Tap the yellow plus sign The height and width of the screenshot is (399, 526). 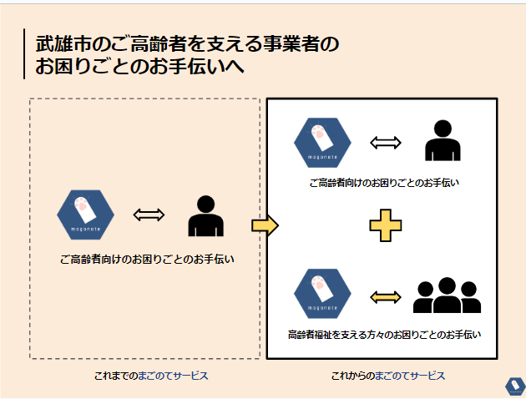[385, 225]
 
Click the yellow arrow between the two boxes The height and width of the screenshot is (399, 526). [264, 225]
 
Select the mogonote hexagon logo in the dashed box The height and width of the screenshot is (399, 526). [85, 215]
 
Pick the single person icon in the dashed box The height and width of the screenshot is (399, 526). [205, 216]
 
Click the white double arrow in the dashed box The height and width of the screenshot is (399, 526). [149, 215]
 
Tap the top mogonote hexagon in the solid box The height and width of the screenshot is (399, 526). [322, 142]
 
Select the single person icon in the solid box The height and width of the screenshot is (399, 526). [443, 141]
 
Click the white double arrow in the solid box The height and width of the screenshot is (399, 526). [386, 142]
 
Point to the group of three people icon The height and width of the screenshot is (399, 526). [448, 295]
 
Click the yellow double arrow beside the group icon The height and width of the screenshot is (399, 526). [386, 296]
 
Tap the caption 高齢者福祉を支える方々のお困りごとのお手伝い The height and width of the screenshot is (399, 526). [384, 335]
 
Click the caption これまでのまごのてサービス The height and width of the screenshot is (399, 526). [150, 376]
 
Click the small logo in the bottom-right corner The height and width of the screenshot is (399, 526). [513, 385]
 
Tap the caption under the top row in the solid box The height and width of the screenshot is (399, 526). [384, 183]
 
